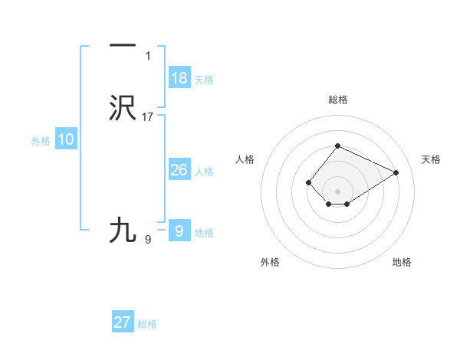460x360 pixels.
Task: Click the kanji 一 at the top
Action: [123, 46]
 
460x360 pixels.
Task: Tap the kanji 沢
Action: [123, 108]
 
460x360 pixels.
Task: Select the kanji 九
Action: [123, 230]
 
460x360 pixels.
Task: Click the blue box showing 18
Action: [179, 78]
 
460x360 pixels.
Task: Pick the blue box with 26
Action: [179, 170]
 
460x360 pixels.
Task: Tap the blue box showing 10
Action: [66, 139]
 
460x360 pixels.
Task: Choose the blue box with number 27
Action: [123, 322]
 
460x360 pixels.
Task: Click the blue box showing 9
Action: [179, 231]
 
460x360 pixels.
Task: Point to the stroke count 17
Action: [148, 117]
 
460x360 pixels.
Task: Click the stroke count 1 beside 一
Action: [148, 56]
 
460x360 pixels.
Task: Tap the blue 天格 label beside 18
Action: [204, 80]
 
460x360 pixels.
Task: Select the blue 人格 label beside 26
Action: [205, 172]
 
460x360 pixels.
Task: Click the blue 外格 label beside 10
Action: [41, 141]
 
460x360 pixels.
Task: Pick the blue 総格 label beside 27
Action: [147, 324]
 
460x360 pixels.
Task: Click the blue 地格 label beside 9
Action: [204, 233]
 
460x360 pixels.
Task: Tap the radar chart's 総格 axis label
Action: [337, 100]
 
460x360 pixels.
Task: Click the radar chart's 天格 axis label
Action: [432, 159]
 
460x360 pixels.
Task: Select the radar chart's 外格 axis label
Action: [270, 262]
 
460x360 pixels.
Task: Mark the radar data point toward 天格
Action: [396, 172]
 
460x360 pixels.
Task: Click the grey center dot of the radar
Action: [337, 191]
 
